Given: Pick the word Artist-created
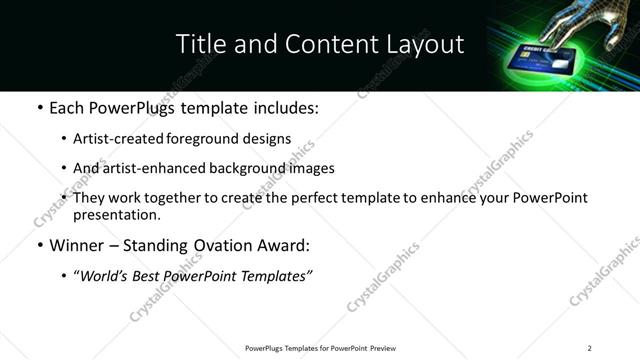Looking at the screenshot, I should coord(114,139).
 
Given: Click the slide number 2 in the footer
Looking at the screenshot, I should coord(590,348).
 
